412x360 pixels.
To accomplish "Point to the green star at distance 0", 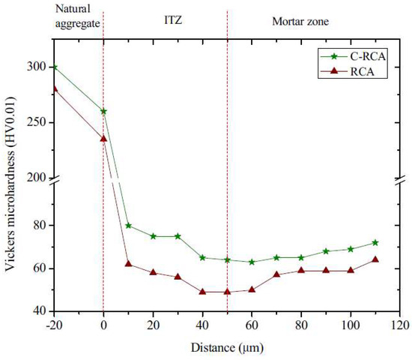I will (103, 111).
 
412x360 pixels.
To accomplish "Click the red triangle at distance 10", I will (128, 264).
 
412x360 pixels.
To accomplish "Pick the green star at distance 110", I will (375, 242).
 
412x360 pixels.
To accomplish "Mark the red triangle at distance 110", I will (375, 259).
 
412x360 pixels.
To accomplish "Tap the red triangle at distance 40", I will (202, 292).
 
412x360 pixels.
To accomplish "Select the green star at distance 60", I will (252, 262).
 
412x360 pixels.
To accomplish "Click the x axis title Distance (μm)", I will (227, 347).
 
